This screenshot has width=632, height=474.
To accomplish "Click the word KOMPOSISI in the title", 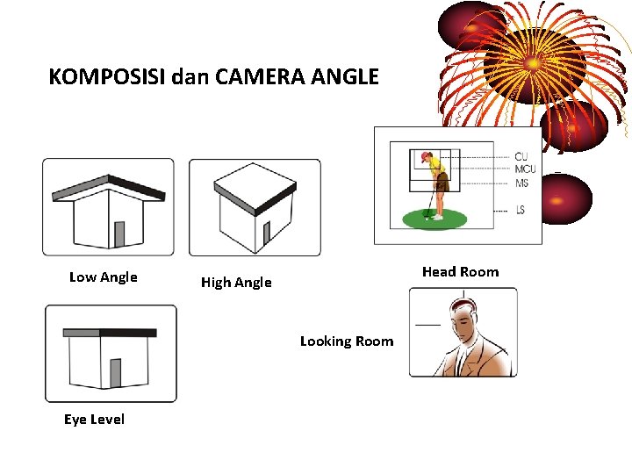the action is [107, 76].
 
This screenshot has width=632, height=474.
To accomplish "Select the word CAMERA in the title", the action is [260, 76].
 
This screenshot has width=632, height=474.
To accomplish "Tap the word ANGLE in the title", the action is [345, 76].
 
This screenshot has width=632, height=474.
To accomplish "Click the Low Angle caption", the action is [104, 277].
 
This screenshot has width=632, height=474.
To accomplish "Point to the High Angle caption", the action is [236, 282].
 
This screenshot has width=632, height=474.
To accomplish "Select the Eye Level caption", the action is [94, 420].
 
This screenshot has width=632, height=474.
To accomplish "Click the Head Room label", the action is [460, 271].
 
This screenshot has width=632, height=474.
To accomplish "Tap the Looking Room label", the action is [347, 341].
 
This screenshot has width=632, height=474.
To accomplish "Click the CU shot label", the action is [521, 157].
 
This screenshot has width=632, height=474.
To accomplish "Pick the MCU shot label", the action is [525, 169].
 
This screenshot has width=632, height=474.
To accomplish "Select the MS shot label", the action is [521, 183].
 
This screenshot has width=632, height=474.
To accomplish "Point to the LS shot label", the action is [521, 210].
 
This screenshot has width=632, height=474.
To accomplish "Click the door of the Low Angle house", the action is [119, 234].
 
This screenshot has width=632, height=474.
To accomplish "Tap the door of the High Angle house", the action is [267, 233].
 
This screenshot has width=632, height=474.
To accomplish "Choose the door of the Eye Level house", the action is [116, 373].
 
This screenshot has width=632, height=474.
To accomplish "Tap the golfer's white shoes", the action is [437, 218].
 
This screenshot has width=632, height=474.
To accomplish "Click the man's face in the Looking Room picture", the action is [463, 321].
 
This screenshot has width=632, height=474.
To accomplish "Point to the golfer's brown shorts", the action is [442, 182].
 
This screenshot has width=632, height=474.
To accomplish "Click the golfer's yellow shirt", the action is [436, 164].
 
